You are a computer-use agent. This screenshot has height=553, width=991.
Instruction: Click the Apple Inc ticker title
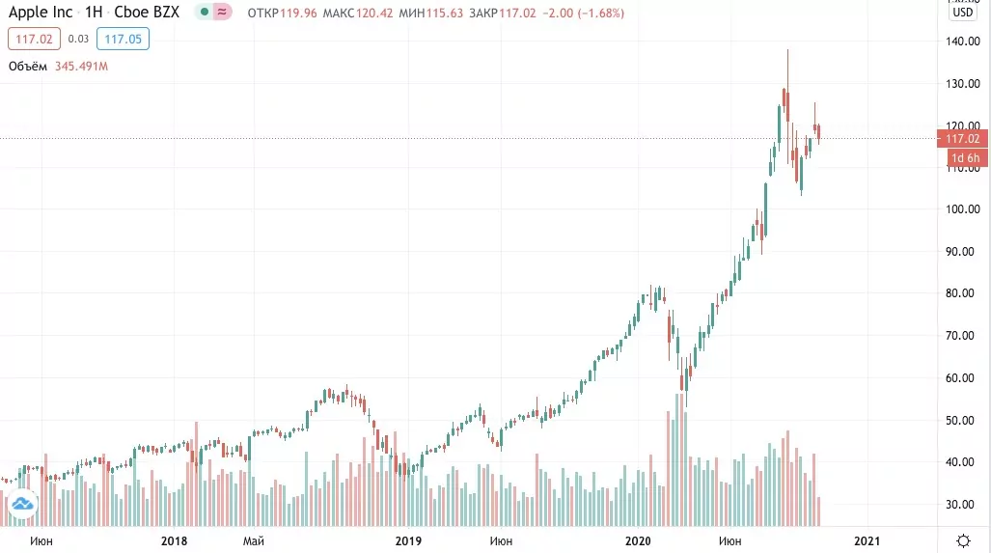point(41,12)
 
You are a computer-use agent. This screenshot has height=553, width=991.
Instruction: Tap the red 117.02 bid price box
point(34,40)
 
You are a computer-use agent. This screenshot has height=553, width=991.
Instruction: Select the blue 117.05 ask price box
point(123,40)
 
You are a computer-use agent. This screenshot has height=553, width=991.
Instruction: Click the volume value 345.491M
point(81,67)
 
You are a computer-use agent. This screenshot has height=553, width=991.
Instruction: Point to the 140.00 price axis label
point(963,41)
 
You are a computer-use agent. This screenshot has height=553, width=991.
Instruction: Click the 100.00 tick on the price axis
point(963,209)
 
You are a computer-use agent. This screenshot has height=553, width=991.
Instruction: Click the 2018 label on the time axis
point(174,541)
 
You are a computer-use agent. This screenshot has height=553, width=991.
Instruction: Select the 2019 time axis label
point(408,541)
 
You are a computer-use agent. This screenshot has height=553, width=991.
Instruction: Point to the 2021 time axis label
point(867,541)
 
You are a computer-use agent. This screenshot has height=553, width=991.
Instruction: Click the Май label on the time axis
point(254,541)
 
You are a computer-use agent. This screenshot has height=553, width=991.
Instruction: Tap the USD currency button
point(963,12)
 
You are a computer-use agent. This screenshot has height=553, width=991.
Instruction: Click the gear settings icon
point(963,541)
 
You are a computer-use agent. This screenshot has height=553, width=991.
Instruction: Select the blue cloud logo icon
point(23,504)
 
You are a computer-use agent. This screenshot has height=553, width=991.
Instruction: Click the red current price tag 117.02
point(962,138)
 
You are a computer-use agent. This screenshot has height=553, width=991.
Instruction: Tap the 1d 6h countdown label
point(966,158)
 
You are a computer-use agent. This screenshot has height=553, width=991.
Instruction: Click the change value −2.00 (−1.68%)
point(584,14)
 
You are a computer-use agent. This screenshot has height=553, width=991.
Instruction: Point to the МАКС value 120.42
point(374,14)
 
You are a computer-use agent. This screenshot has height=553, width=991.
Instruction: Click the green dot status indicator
point(205,12)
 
